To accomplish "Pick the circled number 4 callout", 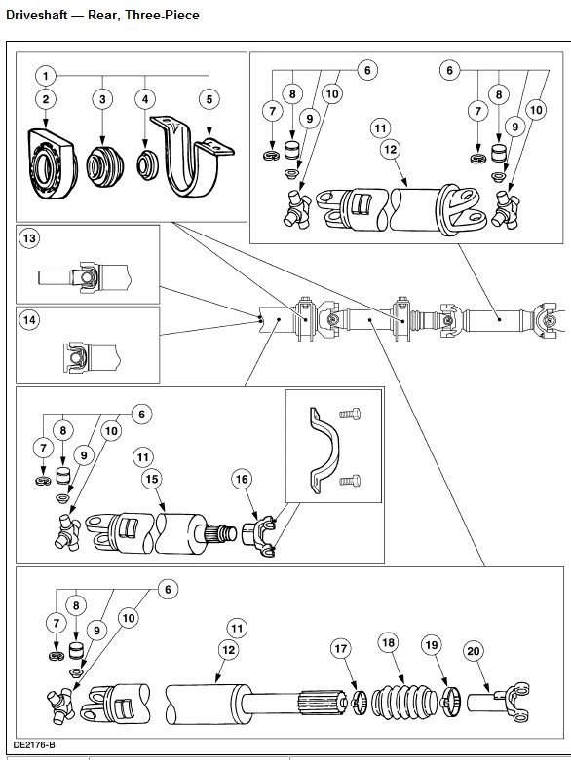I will pyautogui.click(x=146, y=98).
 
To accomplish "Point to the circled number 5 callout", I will pyautogui.click(x=208, y=98).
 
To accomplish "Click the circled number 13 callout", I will pyautogui.click(x=31, y=239).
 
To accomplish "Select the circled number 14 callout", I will pyautogui.click(x=31, y=319).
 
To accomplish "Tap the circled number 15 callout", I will pyautogui.click(x=153, y=480).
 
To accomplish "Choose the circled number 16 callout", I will pyautogui.click(x=240, y=479).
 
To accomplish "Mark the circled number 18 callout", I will pyautogui.click(x=388, y=643).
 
